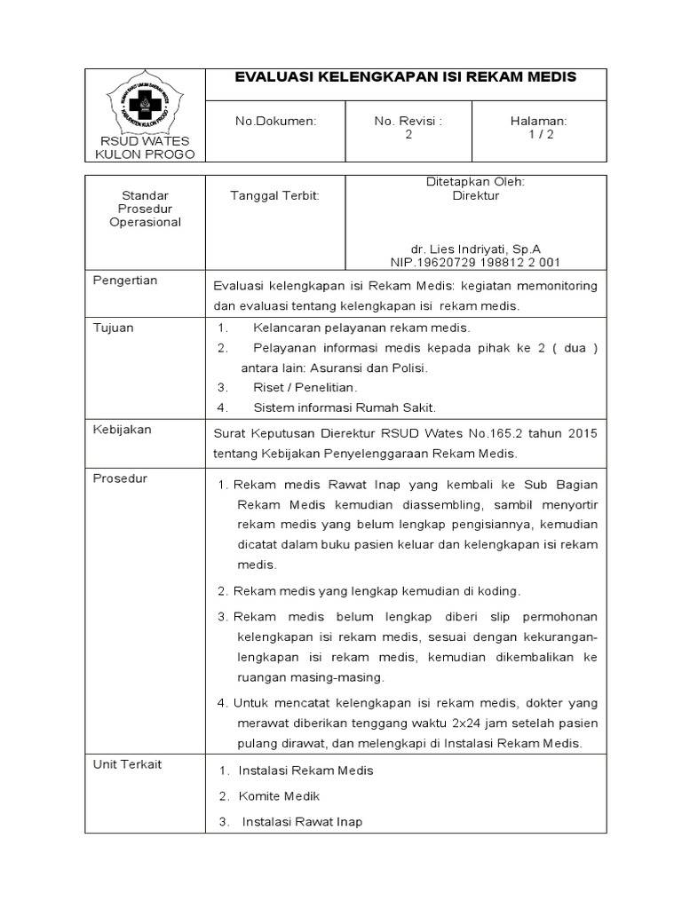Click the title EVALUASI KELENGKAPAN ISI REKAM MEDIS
(405, 77)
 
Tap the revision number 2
(408, 134)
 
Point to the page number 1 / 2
(539, 134)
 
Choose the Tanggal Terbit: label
(274, 195)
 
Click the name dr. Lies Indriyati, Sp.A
(475, 249)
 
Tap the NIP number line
(475, 263)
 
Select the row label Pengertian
(125, 281)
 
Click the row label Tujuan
(114, 328)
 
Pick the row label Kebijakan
(123, 430)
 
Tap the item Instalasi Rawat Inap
(302, 822)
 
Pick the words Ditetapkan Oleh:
(475, 181)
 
